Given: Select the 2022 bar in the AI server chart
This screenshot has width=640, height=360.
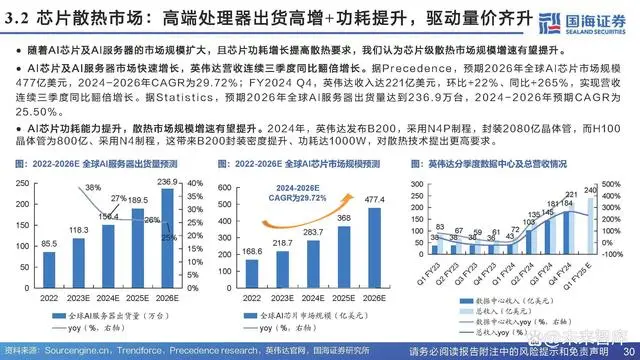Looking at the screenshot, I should tap(47, 261).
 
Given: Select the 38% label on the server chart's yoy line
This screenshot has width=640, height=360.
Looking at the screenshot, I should tap(91, 187).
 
